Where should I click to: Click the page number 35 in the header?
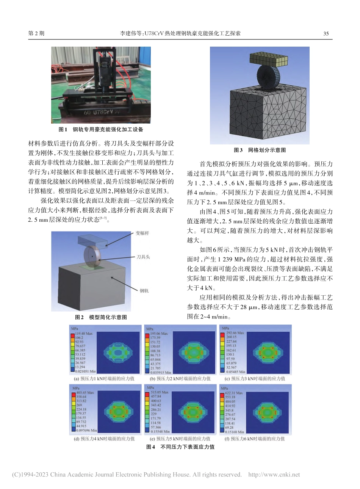326,33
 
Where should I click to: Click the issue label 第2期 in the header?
36,33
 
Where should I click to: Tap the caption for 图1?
101,130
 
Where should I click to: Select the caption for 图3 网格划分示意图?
260,150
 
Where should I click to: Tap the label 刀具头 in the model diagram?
143,257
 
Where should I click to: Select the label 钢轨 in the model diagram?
144,291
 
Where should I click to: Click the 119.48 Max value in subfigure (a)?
83,334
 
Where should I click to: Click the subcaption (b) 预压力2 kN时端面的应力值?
180,378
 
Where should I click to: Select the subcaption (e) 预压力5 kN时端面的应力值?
180,439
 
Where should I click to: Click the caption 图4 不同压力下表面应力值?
180,447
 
